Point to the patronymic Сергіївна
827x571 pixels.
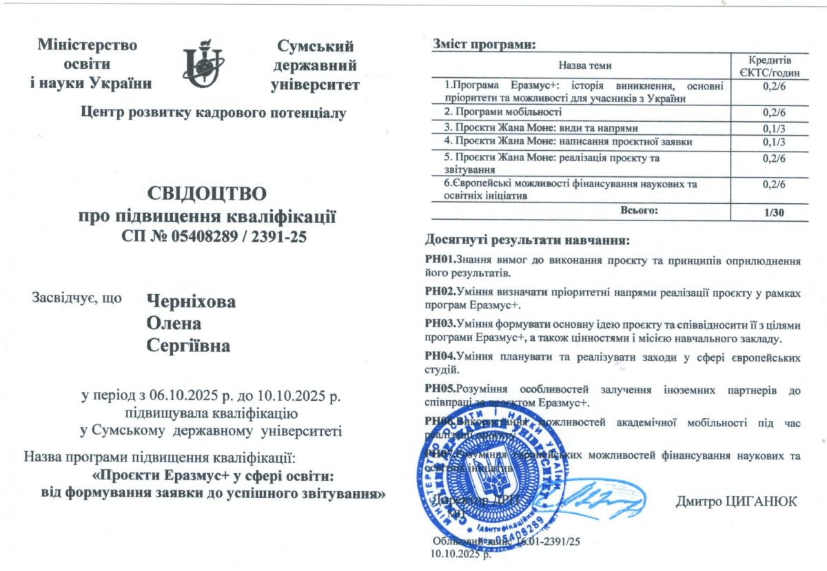(x=189, y=346)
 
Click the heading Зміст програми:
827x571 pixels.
(x=483, y=45)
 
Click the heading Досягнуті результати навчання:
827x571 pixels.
(x=527, y=241)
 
